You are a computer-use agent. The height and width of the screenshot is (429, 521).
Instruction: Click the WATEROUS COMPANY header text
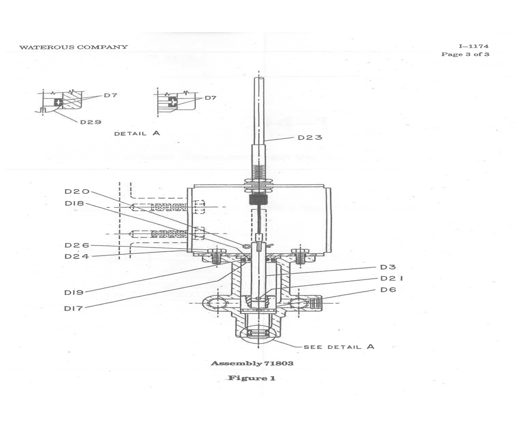coord(73,47)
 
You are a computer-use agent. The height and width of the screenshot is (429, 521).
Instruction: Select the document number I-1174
coord(473,46)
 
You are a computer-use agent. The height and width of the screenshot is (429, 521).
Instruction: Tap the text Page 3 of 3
coord(465,54)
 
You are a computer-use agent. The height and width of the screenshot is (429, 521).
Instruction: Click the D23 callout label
coord(310,138)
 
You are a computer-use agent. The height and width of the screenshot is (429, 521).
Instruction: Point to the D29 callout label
coord(91,122)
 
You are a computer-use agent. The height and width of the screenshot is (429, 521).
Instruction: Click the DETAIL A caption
coord(137,133)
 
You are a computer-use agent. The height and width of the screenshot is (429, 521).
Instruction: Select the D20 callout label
coord(77,192)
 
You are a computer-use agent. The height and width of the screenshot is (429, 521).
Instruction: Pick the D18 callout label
coord(75,203)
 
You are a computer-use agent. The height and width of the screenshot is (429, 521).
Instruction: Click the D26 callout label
coord(77,245)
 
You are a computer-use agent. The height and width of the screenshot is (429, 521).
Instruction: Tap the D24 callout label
coord(77,256)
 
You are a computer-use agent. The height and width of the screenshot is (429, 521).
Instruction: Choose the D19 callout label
coord(74,292)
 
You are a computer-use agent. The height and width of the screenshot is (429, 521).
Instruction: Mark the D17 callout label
coord(73,308)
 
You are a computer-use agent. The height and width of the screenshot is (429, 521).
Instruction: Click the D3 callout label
coord(388,267)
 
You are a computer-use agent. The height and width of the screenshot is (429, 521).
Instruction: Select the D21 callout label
coord(392,279)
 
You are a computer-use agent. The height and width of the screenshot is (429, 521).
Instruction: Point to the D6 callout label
coord(388,290)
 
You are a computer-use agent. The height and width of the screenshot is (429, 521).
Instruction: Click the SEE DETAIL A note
coord(339,347)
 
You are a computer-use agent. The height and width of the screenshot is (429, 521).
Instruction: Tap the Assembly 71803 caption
coord(252,363)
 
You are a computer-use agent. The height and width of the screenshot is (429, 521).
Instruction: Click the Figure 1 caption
coord(252,378)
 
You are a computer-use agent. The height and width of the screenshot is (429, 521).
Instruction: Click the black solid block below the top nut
coord(258,199)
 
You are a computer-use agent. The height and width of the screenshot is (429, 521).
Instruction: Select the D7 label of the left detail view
coord(110,95)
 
